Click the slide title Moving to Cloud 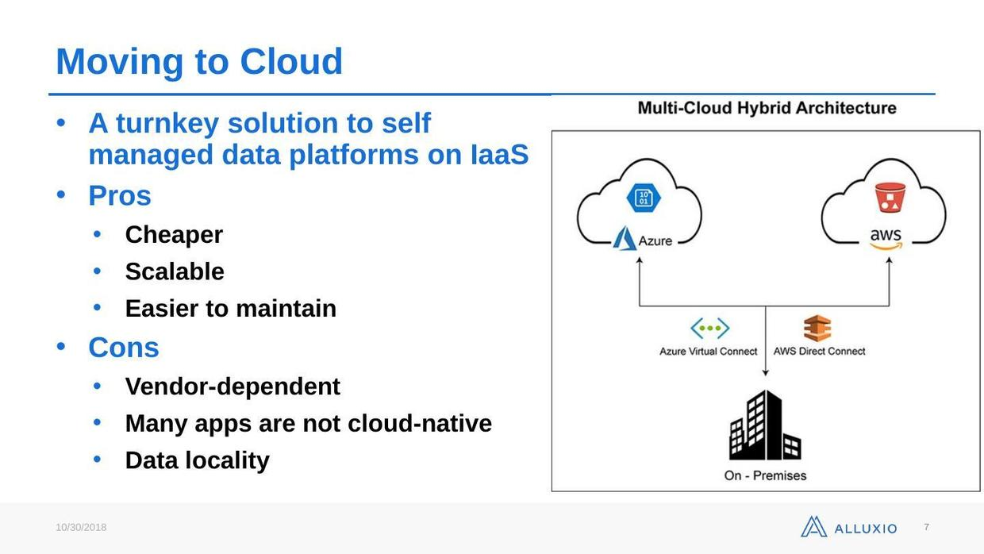[x=199, y=62]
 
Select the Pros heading [x=120, y=195]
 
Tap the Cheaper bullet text [x=174, y=235]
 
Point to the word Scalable [x=175, y=271]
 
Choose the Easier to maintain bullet [x=230, y=308]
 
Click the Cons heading [x=124, y=348]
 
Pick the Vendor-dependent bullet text [x=233, y=387]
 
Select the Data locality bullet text [x=197, y=460]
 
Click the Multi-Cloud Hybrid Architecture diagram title [x=767, y=108]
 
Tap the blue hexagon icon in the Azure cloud [x=644, y=198]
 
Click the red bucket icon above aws [x=890, y=198]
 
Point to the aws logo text [x=886, y=237]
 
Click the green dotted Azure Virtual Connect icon [x=709, y=328]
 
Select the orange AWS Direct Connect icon [x=817, y=328]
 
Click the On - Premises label [x=765, y=475]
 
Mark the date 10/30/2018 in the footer [x=81, y=528]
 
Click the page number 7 [x=926, y=527]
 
